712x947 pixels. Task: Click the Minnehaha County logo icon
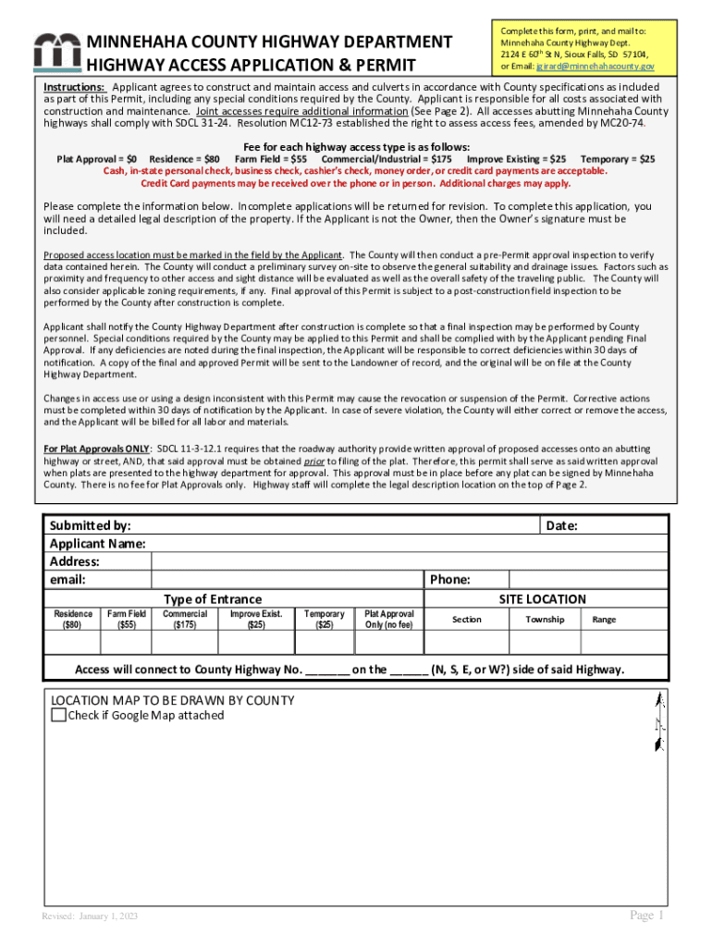click(x=56, y=54)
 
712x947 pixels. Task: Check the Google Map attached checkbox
click(x=58, y=715)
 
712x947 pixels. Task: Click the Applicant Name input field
click(x=408, y=544)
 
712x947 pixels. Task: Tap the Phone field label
click(x=450, y=580)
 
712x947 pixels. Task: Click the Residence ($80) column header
click(x=73, y=620)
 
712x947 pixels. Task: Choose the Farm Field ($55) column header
click(x=127, y=620)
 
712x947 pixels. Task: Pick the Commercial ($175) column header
click(x=185, y=620)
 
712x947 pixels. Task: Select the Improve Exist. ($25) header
click(x=256, y=620)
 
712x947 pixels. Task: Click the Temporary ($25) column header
click(x=325, y=620)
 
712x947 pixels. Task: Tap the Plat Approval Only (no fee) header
click(x=389, y=620)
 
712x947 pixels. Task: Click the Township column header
click(x=545, y=620)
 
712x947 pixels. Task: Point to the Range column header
click(x=604, y=620)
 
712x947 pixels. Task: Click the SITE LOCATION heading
click(x=542, y=599)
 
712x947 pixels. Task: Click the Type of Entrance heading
click(x=213, y=599)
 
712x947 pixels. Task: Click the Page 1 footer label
click(x=647, y=916)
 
